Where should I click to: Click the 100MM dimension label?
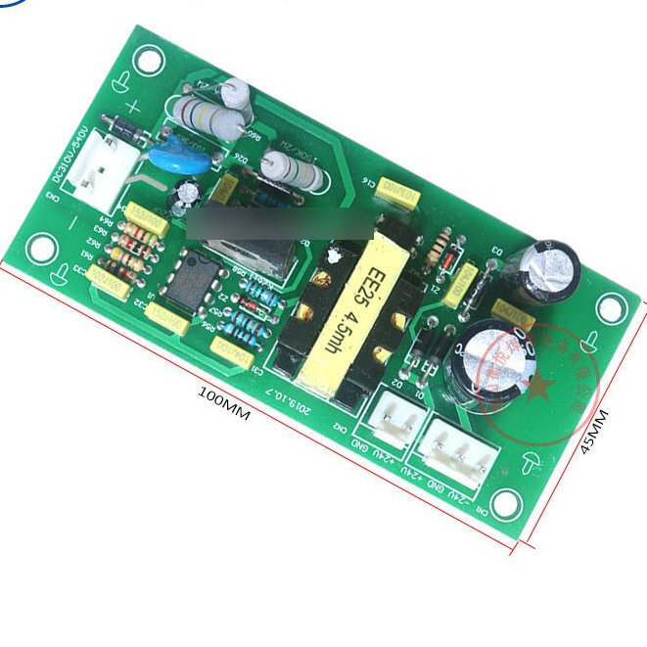[x=224, y=402]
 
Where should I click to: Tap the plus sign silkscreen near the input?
[x=131, y=109]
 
